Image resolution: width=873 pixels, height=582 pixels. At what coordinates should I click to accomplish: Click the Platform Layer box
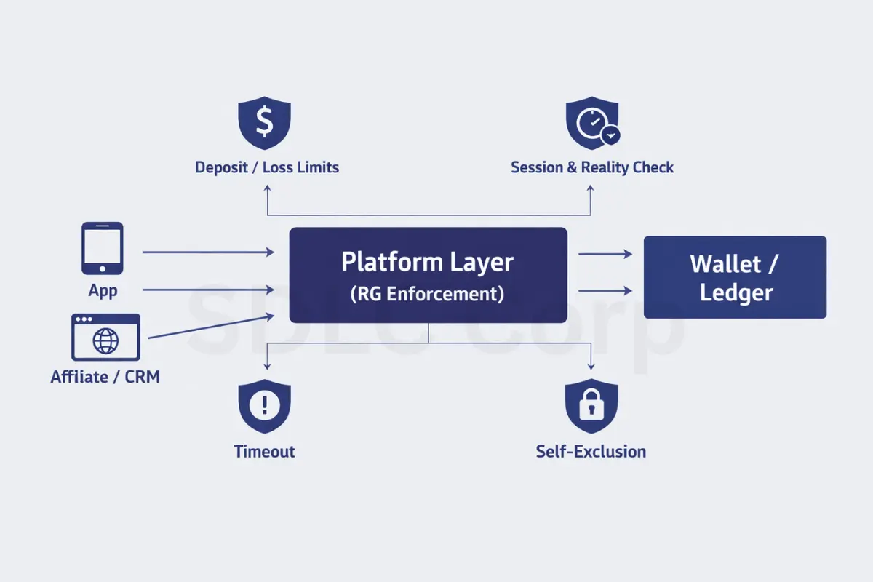click(x=428, y=275)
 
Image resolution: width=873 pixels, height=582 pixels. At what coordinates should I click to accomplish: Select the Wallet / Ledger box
click(x=735, y=277)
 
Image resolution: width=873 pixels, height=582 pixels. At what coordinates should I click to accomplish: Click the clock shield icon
click(x=591, y=124)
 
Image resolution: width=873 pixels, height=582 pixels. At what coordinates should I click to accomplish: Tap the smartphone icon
click(x=103, y=248)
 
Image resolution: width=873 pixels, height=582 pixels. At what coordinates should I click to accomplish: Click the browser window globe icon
click(x=105, y=338)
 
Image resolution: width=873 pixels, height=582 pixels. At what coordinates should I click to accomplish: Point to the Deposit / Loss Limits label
click(x=267, y=167)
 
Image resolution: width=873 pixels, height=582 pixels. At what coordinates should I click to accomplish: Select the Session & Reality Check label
click(x=592, y=167)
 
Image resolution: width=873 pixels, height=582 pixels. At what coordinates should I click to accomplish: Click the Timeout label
click(x=265, y=451)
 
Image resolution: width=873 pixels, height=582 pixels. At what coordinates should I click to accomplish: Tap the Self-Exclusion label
click(x=591, y=451)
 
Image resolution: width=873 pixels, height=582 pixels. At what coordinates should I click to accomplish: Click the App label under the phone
click(x=103, y=291)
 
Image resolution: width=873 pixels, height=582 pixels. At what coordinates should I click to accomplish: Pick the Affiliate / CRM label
click(x=105, y=377)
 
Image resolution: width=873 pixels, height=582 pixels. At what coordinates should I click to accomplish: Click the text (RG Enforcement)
click(x=427, y=294)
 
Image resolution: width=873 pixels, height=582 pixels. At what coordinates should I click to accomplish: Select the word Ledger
click(x=736, y=293)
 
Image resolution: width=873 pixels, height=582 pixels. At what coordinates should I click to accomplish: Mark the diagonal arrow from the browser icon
click(x=211, y=327)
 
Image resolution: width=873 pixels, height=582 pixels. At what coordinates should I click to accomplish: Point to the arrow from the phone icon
click(x=208, y=252)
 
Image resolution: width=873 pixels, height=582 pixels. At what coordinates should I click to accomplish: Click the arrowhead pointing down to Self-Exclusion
click(x=591, y=366)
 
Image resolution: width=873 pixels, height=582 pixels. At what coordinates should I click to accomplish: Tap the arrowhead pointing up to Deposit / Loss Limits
click(x=268, y=187)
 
